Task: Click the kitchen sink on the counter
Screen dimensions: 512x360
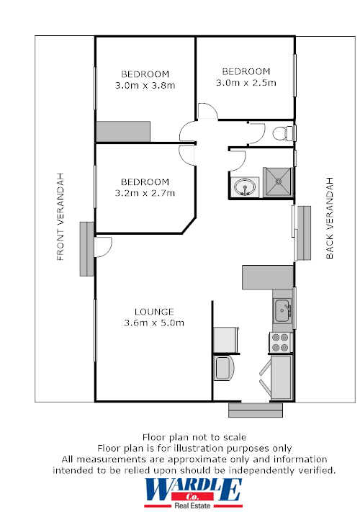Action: click(282, 310)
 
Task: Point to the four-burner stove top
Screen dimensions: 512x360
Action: click(279, 342)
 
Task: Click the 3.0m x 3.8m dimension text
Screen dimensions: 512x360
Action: click(145, 85)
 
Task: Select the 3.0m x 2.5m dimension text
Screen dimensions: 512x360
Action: click(246, 82)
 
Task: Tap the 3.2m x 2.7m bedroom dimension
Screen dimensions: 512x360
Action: click(145, 192)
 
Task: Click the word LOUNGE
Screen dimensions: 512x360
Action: click(153, 312)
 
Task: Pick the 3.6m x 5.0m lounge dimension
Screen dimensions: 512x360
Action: click(153, 323)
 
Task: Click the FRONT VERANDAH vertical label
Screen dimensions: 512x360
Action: click(61, 216)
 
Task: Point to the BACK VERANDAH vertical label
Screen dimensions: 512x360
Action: click(330, 217)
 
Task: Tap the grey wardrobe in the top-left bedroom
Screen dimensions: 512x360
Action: click(122, 132)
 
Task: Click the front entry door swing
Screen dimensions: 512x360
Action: click(102, 247)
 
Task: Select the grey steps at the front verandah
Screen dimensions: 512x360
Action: click(86, 249)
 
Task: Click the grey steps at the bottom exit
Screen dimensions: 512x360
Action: click(256, 410)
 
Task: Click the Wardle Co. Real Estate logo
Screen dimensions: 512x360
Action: click(193, 493)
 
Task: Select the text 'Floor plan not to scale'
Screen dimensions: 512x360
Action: click(194, 437)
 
